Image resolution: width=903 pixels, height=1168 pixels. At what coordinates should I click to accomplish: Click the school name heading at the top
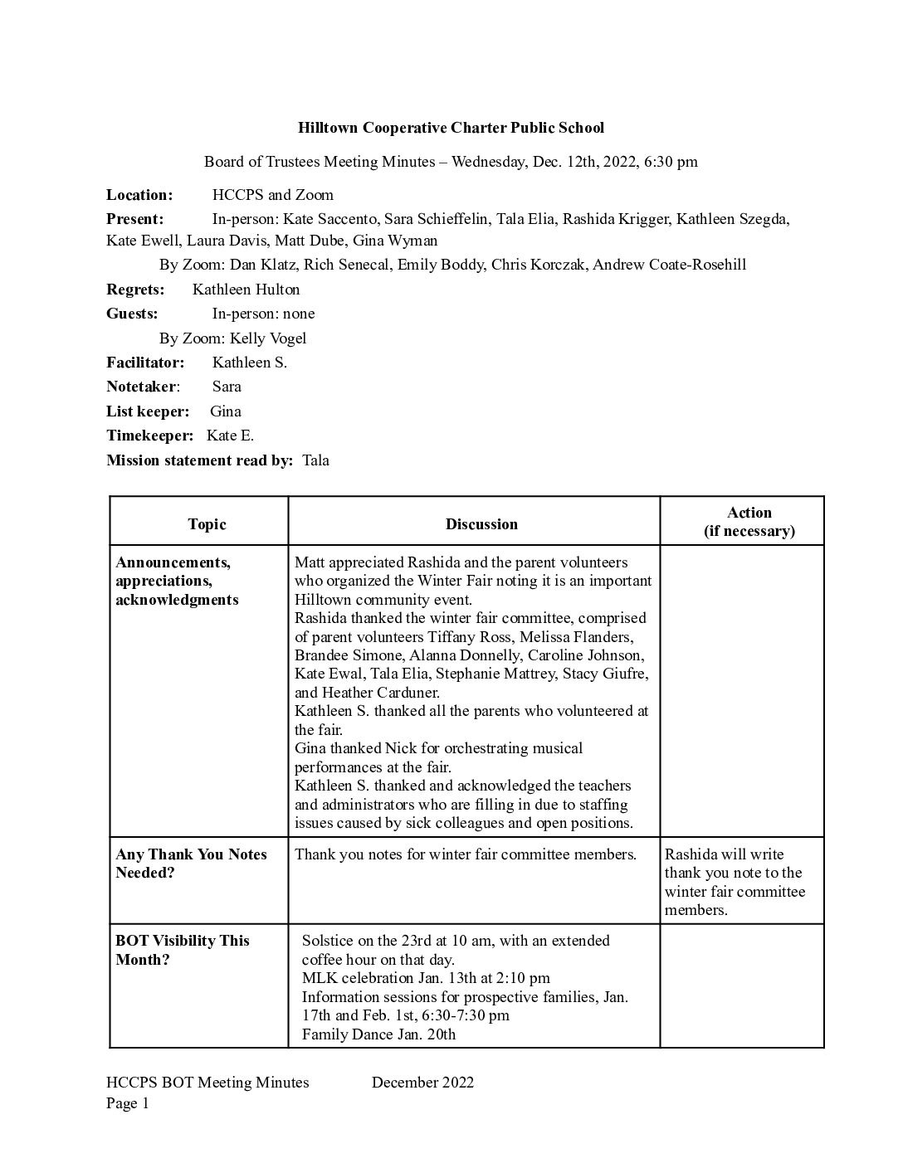(451, 128)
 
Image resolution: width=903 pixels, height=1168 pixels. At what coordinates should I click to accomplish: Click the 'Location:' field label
(139, 195)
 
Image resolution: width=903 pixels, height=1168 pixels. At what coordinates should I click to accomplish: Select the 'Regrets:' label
(135, 290)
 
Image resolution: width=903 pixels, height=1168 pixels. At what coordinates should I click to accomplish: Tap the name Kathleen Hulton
(246, 290)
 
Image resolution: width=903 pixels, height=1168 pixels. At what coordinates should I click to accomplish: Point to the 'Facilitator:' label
(145, 363)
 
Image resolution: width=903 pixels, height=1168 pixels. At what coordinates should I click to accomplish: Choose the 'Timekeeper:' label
(149, 436)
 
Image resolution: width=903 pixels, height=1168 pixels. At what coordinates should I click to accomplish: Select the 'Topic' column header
(207, 524)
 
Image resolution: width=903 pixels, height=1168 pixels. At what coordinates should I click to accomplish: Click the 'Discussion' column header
(481, 524)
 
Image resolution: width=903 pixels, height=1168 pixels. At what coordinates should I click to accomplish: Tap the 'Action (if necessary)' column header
(749, 522)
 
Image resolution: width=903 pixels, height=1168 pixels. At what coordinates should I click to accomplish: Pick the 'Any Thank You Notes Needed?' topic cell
(191, 864)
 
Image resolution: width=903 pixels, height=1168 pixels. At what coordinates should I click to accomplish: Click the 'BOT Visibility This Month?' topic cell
(183, 950)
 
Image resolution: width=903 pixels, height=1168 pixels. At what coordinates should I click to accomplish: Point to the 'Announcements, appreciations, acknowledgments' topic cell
(177, 581)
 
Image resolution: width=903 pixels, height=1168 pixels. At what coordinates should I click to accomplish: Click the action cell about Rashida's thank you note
(735, 882)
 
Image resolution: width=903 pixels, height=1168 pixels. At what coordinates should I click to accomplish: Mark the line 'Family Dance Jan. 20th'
(378, 1034)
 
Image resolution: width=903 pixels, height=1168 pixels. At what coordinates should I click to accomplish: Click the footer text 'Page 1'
(127, 1103)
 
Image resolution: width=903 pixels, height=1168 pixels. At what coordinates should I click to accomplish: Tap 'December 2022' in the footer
(422, 1083)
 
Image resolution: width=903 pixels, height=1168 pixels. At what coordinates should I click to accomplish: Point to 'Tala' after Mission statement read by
(315, 460)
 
